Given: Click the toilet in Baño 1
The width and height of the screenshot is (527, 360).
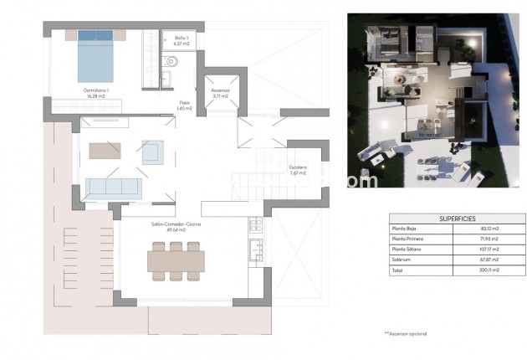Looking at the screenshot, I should [x=173, y=60].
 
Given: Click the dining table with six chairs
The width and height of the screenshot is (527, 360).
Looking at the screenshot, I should [x=176, y=260].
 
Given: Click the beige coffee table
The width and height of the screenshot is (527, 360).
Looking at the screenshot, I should [x=105, y=151].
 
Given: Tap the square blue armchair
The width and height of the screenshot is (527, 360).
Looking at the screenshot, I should [x=153, y=152].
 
